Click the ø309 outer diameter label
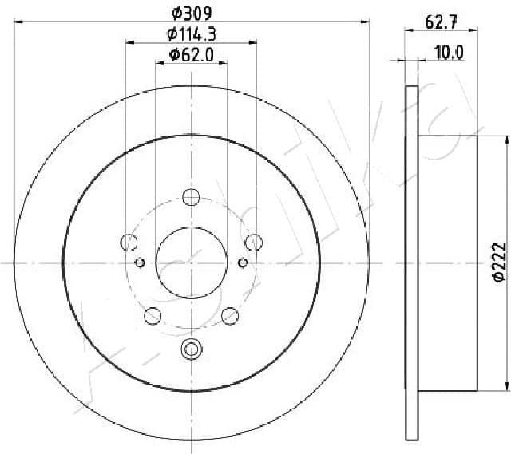point(192,13)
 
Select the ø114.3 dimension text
point(192,34)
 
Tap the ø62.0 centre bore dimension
point(192,55)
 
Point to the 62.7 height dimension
point(441,23)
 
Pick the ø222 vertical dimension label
point(497,262)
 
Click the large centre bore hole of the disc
point(191,262)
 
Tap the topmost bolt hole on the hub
point(191,197)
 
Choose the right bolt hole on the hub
point(253,242)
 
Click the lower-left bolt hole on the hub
point(152,315)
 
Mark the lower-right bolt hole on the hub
point(230,315)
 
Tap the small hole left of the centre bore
point(140,263)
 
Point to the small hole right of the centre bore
point(243,263)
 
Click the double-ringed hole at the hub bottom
point(191,348)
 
